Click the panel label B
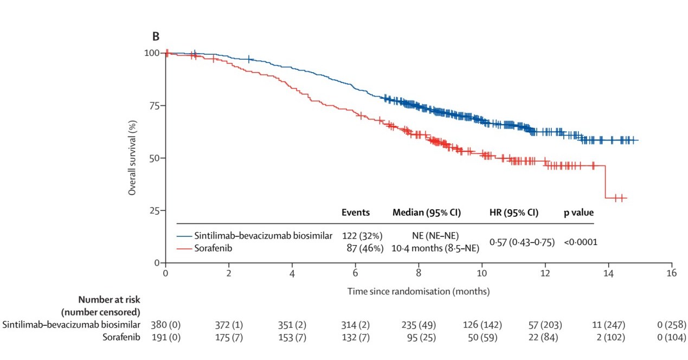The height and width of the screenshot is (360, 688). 156,36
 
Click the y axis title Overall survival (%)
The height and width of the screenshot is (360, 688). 132,158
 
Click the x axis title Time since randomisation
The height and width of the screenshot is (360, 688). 419,291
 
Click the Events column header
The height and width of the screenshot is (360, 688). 355,213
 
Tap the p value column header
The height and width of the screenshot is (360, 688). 578,213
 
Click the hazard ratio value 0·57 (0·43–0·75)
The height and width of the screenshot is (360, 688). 522,242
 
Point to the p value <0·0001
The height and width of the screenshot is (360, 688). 580,242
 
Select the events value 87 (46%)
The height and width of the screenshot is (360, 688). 363,248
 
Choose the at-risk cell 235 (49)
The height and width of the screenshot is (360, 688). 419,325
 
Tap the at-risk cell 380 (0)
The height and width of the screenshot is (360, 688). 165,325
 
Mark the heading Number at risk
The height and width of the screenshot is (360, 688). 110,299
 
